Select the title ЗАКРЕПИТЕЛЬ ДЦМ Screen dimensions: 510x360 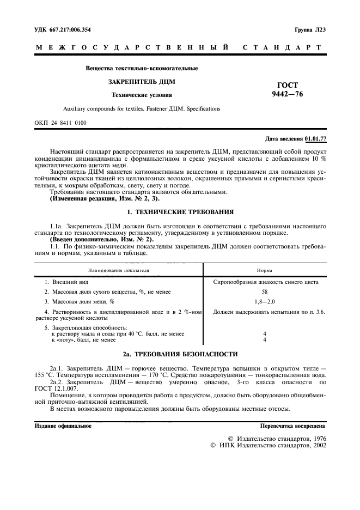142,82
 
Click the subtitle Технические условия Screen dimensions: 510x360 142,95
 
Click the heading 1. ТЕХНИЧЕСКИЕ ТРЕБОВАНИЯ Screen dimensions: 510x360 180,211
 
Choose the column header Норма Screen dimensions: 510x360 265,270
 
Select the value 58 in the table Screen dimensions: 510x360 265,292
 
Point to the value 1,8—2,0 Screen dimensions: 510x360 265,301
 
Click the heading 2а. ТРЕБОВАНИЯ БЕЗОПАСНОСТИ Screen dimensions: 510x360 180,354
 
